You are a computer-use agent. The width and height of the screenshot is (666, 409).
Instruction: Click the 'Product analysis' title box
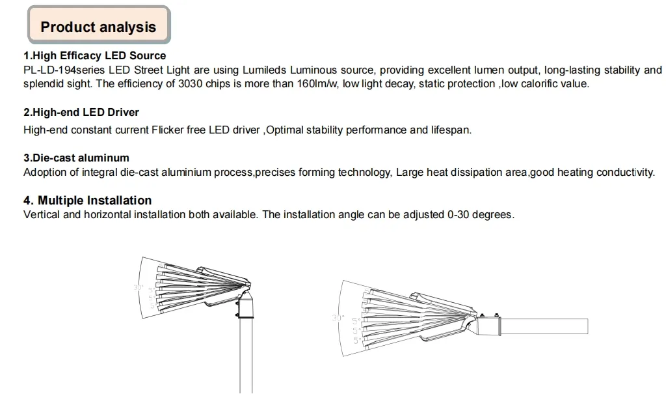[x=98, y=27]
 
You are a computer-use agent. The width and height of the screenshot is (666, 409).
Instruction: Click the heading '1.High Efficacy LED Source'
[x=95, y=56]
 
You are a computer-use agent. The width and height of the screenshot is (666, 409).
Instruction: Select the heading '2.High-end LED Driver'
[x=81, y=113]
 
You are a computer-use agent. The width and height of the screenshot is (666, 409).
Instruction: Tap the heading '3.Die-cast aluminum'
[x=76, y=158]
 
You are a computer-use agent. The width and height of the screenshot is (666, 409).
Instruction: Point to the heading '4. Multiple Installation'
[x=88, y=201]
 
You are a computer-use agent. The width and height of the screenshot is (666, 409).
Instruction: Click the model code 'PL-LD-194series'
[x=64, y=70]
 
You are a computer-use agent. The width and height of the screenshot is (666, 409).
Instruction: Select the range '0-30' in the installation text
[x=462, y=215]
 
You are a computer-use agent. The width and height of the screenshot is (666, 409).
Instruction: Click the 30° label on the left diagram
[x=138, y=287]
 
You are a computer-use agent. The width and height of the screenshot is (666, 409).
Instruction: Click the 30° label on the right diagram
[x=337, y=318]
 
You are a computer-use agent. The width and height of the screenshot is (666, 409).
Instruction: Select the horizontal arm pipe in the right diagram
[x=546, y=325]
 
